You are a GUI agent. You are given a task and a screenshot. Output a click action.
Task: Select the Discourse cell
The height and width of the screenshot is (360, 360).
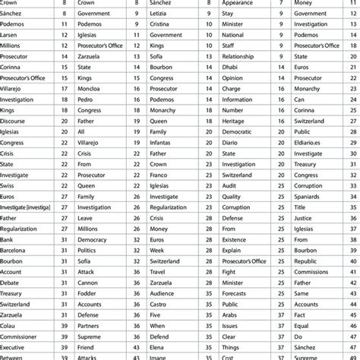[x=17, y=120]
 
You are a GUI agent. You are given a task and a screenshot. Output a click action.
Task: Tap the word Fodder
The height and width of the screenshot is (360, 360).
[x=88, y=292]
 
